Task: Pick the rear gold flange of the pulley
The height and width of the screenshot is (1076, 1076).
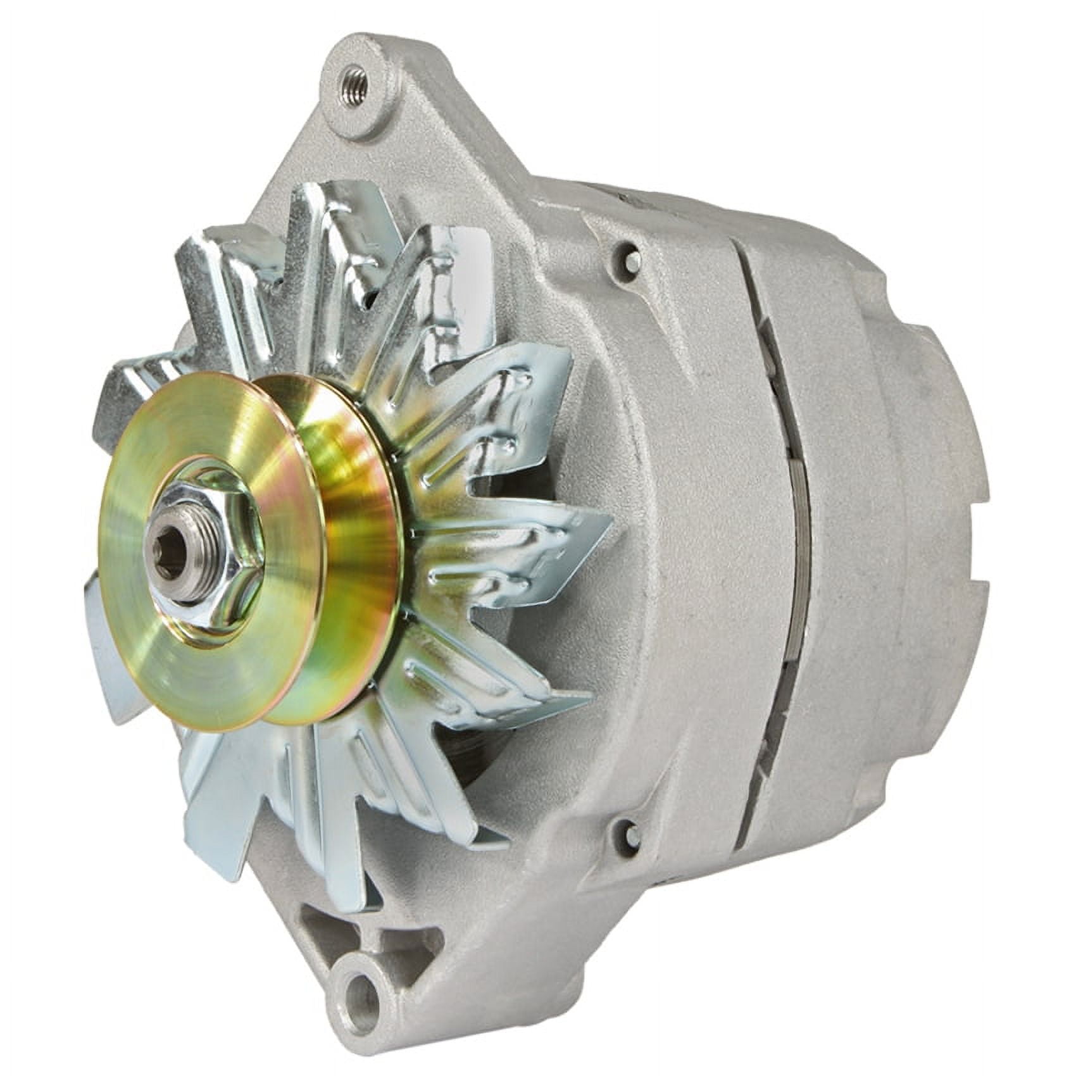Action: click(354, 481)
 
